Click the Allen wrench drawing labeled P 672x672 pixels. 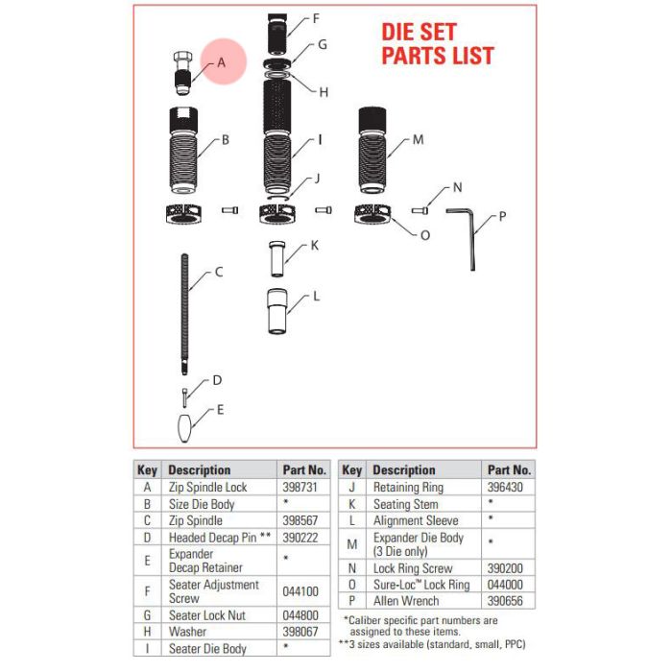pyautogui.click(x=472, y=240)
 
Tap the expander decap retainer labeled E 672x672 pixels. pyautogui.click(x=184, y=428)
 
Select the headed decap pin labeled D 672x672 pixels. pyautogui.click(x=184, y=398)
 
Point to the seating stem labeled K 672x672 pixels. pyautogui.click(x=276, y=259)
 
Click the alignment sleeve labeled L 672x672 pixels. pyautogui.click(x=277, y=311)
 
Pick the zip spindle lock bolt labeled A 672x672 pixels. pyautogui.click(x=183, y=73)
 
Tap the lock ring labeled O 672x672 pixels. pyautogui.click(x=372, y=213)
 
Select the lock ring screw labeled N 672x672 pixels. pyautogui.click(x=420, y=210)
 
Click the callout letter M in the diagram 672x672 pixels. pyautogui.click(x=418, y=139)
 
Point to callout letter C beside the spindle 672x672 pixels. pyautogui.click(x=219, y=272)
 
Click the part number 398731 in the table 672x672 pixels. pyautogui.click(x=300, y=488)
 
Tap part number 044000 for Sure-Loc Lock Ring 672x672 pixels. pyautogui.click(x=505, y=585)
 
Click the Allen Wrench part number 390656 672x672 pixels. pyautogui.click(x=505, y=601)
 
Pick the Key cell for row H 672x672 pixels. pyautogui.click(x=147, y=632)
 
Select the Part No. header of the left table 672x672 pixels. pyautogui.click(x=304, y=470)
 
